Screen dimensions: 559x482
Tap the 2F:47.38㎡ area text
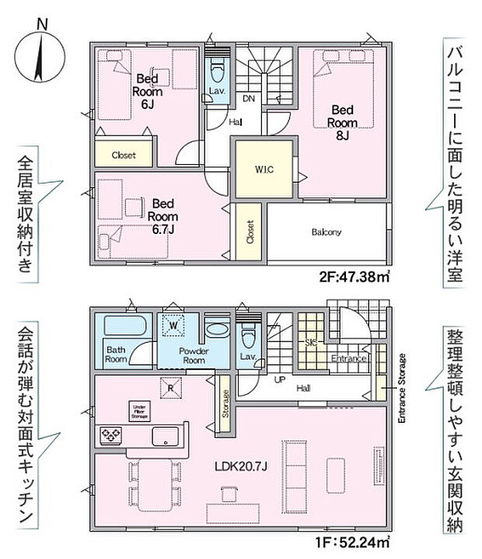(x=353, y=274)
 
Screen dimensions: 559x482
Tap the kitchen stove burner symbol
(x=109, y=435)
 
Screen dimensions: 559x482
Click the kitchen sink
(x=166, y=436)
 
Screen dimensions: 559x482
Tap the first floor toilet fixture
(x=249, y=337)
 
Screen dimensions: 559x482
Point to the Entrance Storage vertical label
(x=402, y=387)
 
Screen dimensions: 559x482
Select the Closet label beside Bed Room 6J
(x=124, y=155)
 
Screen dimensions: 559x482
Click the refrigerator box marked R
(x=166, y=386)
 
